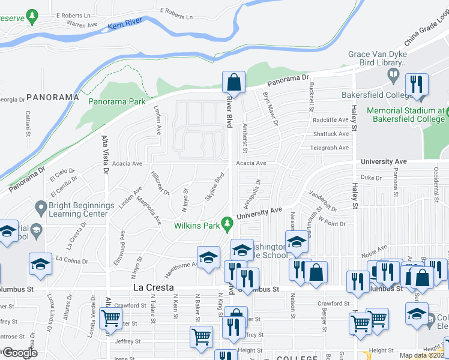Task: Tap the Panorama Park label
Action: [117, 101]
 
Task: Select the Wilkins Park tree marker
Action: [227, 224]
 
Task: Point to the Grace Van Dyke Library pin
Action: [394, 76]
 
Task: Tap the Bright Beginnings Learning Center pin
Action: [41, 209]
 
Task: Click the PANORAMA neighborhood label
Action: [53, 97]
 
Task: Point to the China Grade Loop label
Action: [427, 32]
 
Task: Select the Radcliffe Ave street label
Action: [330, 119]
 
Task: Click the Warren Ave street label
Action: [82, 25]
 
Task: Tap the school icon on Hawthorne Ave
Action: [208, 259]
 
